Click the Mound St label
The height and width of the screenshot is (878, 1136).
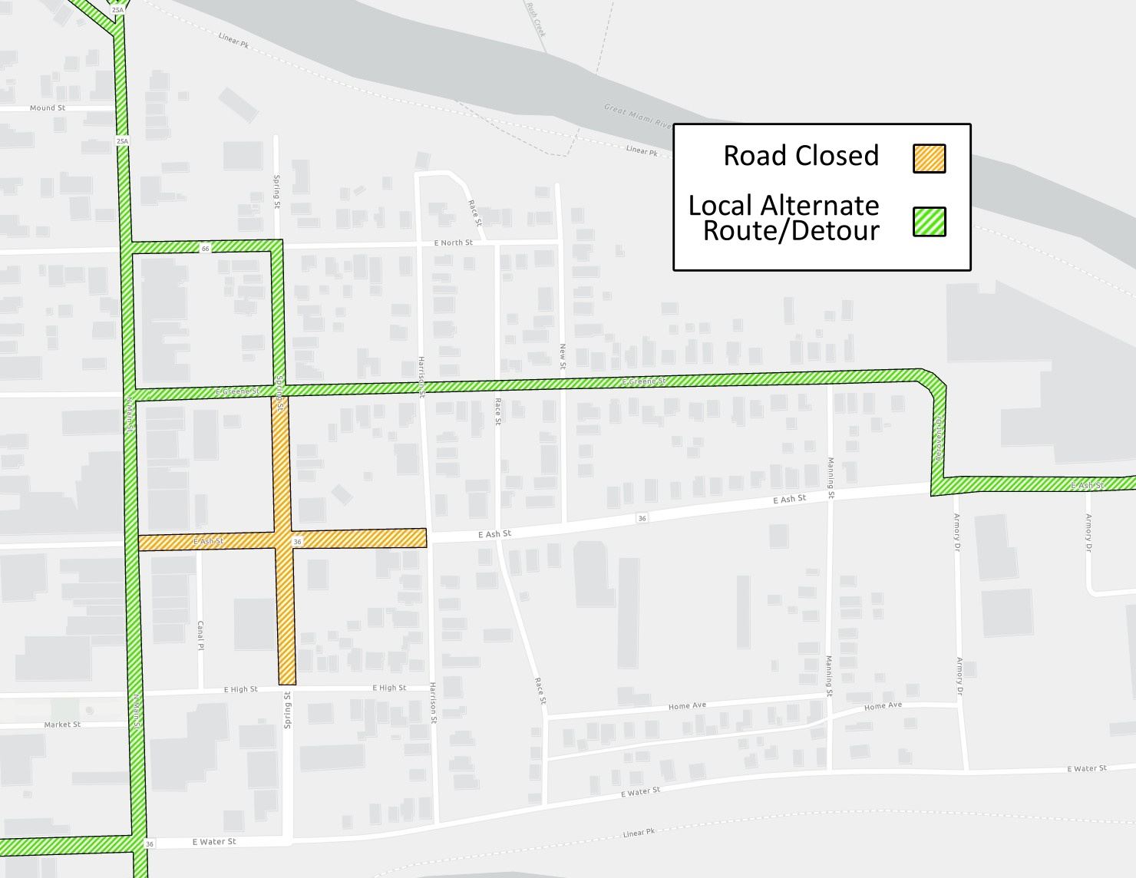click(x=48, y=108)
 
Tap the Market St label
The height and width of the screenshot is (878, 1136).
click(x=62, y=725)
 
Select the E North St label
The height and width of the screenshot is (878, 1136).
click(x=453, y=243)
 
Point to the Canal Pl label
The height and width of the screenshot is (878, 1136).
click(x=200, y=635)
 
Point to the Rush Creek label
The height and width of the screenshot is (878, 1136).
click(x=536, y=19)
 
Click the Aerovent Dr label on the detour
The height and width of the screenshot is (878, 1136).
click(x=938, y=437)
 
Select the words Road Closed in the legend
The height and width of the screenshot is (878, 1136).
click(x=801, y=156)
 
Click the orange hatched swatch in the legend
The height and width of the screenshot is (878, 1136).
click(x=929, y=159)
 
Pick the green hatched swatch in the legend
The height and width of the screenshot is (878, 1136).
click(x=929, y=222)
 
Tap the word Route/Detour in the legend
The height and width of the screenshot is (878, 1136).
click(x=791, y=231)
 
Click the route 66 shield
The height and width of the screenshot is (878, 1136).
click(x=205, y=249)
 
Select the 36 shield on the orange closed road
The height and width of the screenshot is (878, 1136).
click(x=297, y=542)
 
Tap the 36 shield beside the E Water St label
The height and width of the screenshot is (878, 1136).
click(x=150, y=844)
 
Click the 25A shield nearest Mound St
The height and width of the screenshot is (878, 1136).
click(x=122, y=141)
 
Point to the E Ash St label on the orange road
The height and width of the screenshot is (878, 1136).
click(x=208, y=542)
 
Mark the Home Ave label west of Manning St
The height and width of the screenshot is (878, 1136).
click(x=687, y=706)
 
